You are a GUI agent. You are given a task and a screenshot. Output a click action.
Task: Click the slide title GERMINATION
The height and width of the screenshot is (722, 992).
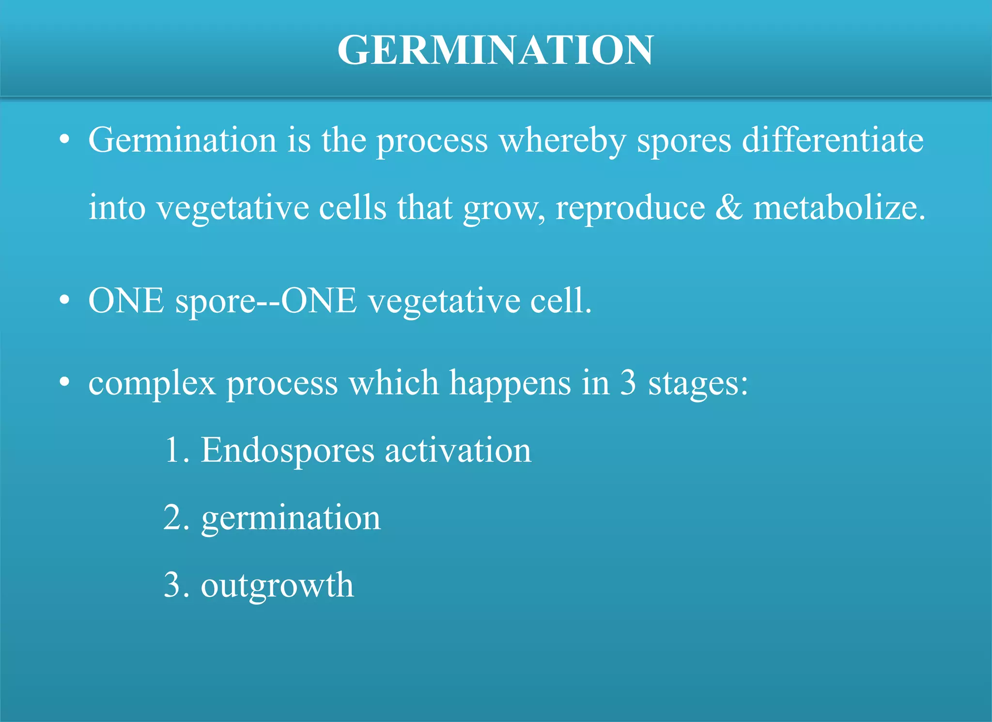coord(496,50)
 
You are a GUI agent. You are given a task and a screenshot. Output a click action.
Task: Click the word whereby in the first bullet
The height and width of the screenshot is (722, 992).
coord(562,141)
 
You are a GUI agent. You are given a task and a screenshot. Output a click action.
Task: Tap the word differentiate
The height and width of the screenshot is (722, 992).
coord(833,141)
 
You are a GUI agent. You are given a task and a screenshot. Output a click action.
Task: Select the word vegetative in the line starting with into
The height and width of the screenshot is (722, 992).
coord(233,209)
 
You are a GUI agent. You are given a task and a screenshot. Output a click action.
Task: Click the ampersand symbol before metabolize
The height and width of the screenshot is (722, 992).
coord(728,208)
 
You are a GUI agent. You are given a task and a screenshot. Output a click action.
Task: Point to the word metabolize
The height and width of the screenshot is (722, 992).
coord(839,209)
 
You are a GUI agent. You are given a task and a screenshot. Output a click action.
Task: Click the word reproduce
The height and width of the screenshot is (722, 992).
coord(630,209)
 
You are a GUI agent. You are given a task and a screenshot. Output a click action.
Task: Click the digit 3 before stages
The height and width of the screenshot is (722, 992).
coord(628,383)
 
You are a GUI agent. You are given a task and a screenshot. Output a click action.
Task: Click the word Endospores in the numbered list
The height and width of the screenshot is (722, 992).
coord(287,451)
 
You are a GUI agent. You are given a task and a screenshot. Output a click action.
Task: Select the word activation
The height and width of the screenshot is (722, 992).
coord(458,451)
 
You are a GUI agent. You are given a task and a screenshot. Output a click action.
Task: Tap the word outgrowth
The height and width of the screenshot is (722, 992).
coord(277,586)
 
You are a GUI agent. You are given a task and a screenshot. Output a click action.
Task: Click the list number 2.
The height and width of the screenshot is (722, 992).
coord(173,518)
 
